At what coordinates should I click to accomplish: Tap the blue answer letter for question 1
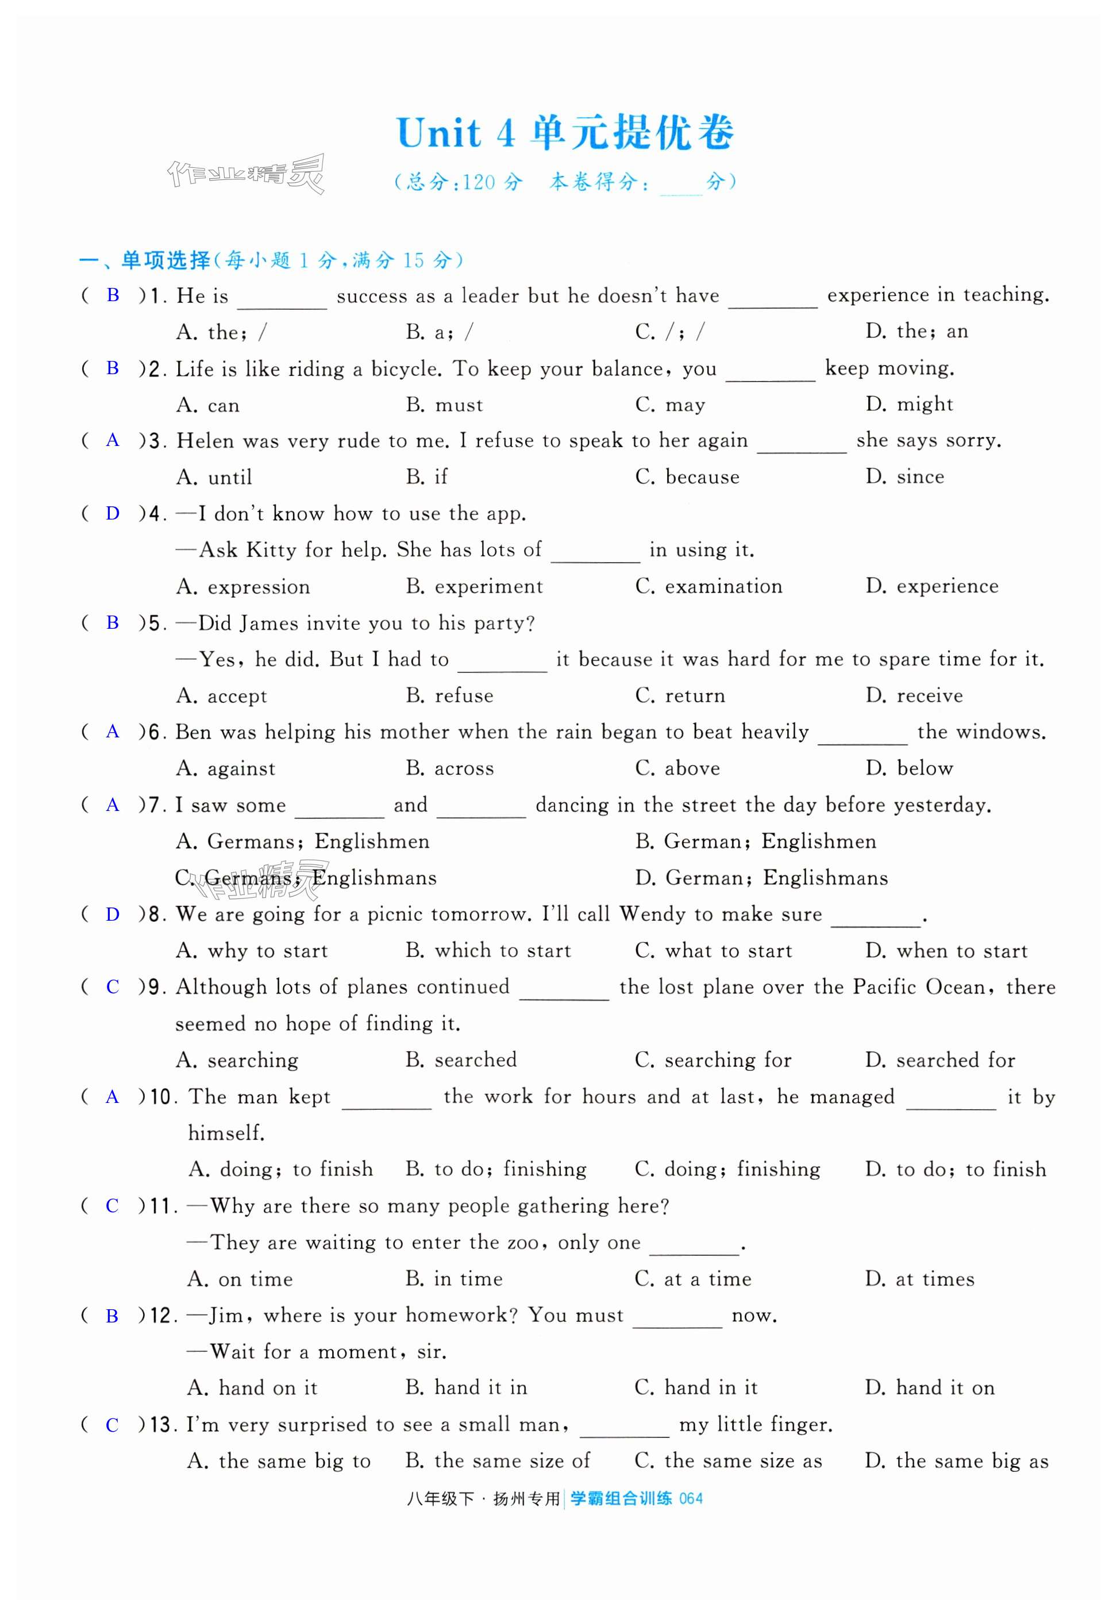point(113,295)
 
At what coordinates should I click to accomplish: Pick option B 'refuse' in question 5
point(449,696)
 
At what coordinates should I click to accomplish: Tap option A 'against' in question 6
point(225,768)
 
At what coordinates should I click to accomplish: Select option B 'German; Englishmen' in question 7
point(755,841)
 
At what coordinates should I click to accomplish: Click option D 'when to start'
point(946,951)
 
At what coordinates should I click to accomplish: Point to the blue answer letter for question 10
point(112,1097)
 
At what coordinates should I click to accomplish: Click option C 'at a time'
point(693,1279)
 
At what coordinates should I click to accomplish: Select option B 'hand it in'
point(466,1388)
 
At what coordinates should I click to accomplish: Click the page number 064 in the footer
point(691,1499)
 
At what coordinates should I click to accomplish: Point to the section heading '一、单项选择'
point(145,260)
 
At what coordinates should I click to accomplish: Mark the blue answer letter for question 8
point(113,914)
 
